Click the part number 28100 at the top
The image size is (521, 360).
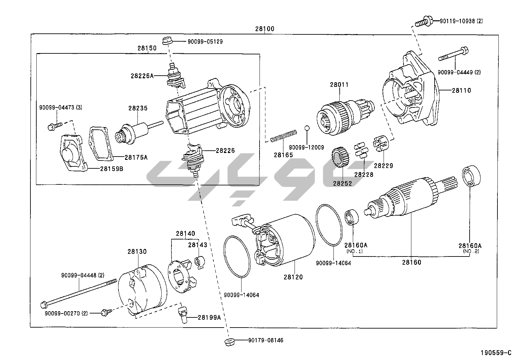click(265, 29)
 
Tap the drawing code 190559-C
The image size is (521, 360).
click(495, 353)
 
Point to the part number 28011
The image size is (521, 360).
click(339, 85)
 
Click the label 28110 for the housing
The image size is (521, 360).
click(461, 90)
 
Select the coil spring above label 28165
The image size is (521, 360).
click(284, 136)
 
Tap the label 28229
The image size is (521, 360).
click(384, 166)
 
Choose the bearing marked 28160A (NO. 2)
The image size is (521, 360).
click(471, 177)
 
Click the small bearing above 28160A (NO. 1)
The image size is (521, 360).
click(351, 218)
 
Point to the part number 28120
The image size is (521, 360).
click(293, 277)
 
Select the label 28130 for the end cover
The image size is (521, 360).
click(137, 252)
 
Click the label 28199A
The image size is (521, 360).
click(209, 317)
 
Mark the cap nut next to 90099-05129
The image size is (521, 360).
click(167, 42)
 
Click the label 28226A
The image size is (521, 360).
click(142, 76)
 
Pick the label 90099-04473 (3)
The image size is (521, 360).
click(61, 107)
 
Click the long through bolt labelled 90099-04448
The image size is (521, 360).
click(79, 292)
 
